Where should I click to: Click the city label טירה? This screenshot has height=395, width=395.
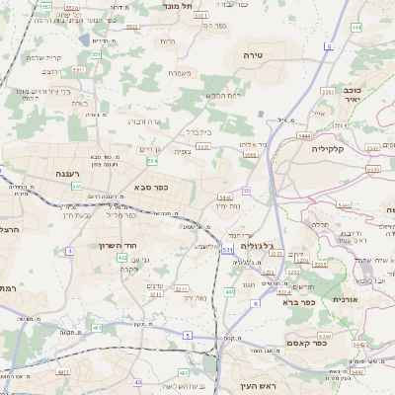255,56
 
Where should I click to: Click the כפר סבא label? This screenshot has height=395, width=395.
150,187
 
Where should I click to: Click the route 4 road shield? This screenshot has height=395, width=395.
70,252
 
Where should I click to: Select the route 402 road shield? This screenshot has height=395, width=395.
122,257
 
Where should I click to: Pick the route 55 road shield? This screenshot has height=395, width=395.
246,190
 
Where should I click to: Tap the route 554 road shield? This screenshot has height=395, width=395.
151,161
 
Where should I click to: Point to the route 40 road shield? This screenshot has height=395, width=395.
138,382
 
